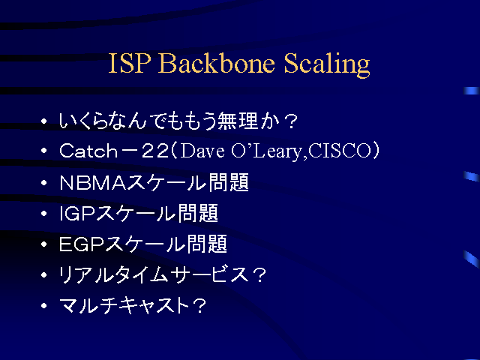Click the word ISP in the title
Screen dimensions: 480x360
click(130, 63)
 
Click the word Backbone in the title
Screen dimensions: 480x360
click(216, 63)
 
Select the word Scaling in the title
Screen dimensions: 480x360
click(327, 64)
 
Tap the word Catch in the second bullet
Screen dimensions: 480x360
click(88, 151)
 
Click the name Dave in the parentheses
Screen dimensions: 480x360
click(202, 151)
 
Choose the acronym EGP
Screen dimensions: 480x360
click(82, 244)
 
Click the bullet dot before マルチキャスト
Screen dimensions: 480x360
click(44, 305)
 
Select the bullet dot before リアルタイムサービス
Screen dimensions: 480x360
click(44, 274)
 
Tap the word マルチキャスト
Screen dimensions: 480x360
click(124, 305)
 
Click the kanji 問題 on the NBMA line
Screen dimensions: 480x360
click(229, 182)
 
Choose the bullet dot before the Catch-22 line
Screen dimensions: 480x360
click(44, 151)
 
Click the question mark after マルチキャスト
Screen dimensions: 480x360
click(199, 306)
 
